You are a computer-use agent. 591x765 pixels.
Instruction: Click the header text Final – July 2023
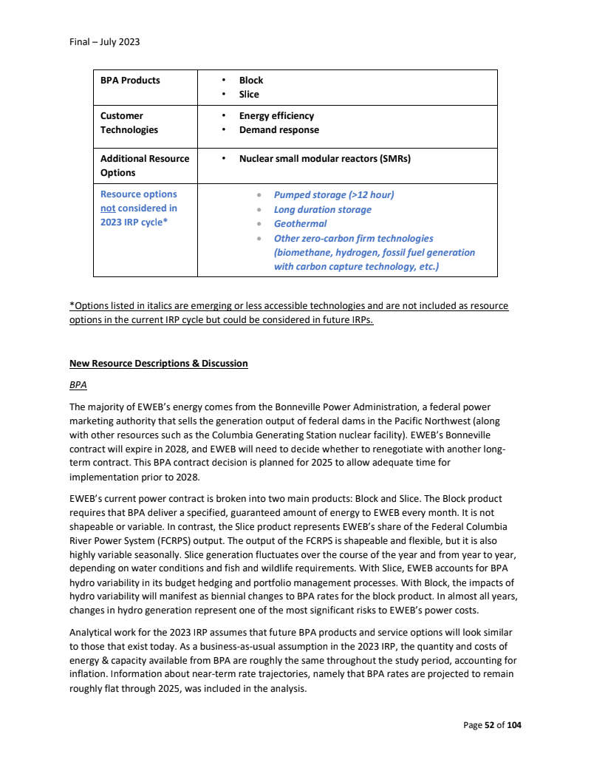click(x=104, y=42)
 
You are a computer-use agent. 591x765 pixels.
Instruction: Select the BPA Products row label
click(x=130, y=81)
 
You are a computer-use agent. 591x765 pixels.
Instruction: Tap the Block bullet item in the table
click(x=251, y=81)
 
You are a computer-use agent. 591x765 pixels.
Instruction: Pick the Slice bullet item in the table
click(x=249, y=95)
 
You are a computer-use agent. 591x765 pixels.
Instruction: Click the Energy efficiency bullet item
click(x=276, y=116)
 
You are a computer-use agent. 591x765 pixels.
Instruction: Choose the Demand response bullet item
click(x=279, y=130)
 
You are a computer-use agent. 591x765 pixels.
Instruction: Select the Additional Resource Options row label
click(x=145, y=166)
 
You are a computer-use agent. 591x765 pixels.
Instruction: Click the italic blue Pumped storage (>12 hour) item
click(x=334, y=195)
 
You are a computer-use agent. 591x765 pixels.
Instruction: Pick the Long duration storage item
click(x=322, y=210)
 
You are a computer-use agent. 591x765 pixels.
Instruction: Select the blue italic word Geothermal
click(x=300, y=224)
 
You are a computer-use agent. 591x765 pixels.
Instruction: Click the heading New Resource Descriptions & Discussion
click(x=158, y=364)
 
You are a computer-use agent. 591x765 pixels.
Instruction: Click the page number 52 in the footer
click(x=489, y=726)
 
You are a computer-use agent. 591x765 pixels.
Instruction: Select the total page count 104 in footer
click(x=513, y=726)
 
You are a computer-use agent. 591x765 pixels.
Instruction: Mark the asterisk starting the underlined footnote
click(x=72, y=306)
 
